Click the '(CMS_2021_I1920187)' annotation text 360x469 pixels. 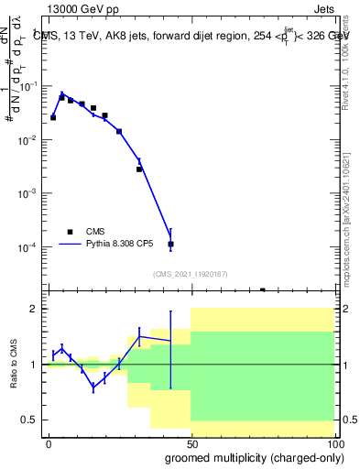click(191, 273)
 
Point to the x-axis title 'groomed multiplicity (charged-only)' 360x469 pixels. click(250, 456)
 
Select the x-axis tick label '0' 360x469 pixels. click(49, 442)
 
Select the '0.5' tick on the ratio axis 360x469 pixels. click(29, 420)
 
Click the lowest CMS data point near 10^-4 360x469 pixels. click(170, 245)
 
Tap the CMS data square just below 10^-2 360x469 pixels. click(139, 169)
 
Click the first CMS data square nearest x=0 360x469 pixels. click(53, 117)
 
